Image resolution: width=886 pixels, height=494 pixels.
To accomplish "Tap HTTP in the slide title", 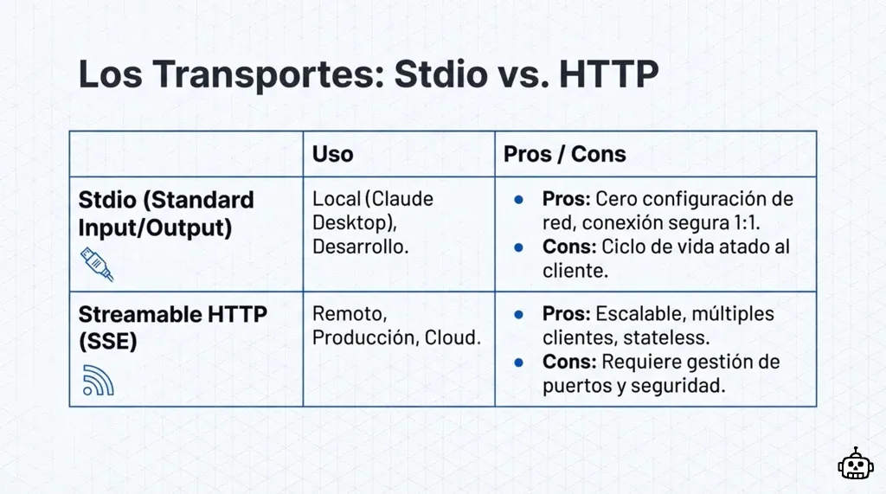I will [608, 75].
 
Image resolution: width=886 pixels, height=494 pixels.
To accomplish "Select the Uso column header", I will [333, 154].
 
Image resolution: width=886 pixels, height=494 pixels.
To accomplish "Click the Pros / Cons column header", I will [565, 154].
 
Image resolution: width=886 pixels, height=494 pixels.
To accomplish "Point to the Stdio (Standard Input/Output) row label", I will [166, 213].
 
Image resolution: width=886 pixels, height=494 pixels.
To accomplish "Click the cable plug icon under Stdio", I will [97, 264].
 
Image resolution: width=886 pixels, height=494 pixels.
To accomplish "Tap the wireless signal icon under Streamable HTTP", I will [98, 380].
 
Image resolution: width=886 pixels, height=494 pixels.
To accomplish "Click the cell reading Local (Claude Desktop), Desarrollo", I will [373, 222].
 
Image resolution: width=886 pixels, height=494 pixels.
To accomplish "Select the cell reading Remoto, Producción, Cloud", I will [396, 325].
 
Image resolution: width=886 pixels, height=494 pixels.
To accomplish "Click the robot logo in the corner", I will [855, 465].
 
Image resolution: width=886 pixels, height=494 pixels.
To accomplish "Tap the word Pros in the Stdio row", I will [566, 199].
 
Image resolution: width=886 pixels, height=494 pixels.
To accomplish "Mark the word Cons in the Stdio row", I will [568, 247].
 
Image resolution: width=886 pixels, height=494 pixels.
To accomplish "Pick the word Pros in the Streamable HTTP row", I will [566, 313].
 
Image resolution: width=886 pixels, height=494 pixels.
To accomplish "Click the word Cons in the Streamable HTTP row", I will [568, 361].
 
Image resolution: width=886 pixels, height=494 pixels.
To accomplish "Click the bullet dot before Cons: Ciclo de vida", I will [518, 247].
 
